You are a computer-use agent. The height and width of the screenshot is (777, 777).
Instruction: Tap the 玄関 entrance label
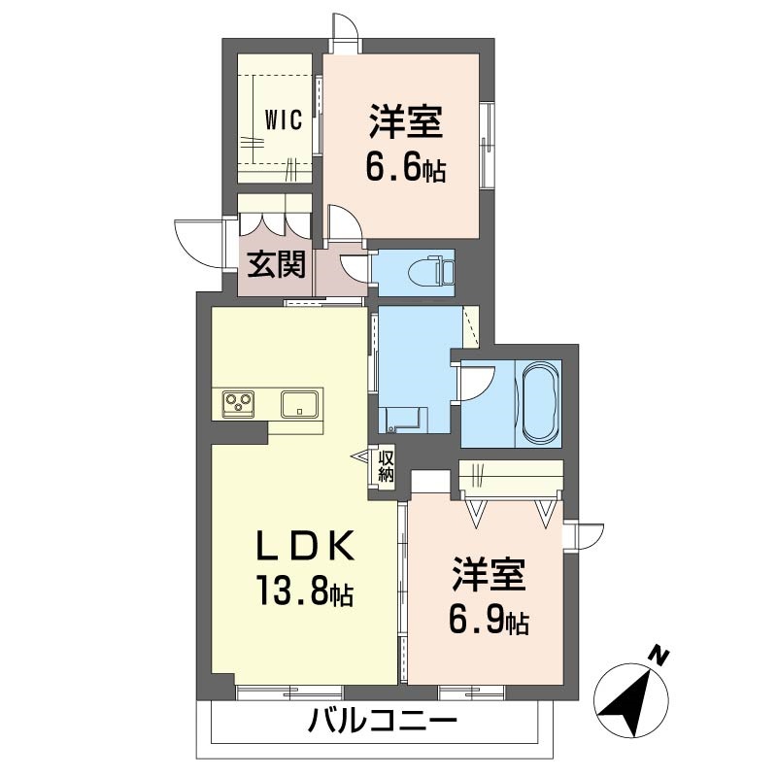coord(276,264)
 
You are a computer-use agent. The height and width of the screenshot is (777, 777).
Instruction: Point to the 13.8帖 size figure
coord(303,590)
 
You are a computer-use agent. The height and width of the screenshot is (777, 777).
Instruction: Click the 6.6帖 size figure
coord(405,168)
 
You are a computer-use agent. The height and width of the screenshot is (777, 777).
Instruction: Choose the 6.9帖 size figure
coord(488,619)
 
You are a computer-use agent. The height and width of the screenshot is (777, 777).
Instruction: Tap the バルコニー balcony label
coord(383,723)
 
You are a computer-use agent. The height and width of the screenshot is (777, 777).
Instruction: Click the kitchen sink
coord(303,403)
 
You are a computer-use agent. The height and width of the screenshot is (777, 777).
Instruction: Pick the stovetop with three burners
coord(239,402)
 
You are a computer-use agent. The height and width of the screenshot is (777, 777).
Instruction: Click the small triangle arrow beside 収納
coord(359,455)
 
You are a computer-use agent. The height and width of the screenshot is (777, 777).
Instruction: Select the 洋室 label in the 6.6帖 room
coord(405,124)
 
